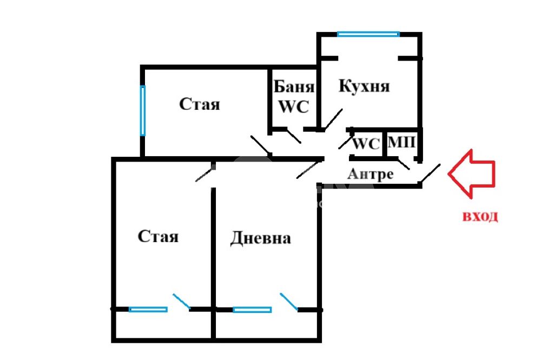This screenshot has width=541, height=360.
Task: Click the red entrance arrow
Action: (471, 174)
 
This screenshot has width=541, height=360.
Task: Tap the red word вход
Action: (480, 217)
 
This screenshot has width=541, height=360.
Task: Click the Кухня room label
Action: (364, 86)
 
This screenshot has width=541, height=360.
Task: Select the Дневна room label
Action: (261, 238)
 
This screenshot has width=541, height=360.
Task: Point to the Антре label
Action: (370, 174)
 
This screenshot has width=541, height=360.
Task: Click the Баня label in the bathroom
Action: (294, 87)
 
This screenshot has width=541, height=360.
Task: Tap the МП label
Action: (401, 142)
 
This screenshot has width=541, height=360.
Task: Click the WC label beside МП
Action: (366, 144)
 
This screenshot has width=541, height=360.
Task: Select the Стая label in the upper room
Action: (200, 104)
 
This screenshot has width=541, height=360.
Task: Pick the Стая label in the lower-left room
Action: (158, 237)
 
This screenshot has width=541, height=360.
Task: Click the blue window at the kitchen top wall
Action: (368, 34)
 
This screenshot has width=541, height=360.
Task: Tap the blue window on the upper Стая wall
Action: (142, 110)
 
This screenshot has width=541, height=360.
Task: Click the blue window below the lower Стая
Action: (148, 310)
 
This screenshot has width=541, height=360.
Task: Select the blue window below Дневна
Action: (252, 310)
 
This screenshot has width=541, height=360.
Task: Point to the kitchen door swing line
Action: (332, 119)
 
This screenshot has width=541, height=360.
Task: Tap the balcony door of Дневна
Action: (289, 302)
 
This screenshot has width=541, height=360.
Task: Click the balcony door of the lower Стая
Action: (181, 302)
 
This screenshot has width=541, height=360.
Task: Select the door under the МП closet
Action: (404, 163)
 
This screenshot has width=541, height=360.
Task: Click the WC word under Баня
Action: (293, 106)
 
